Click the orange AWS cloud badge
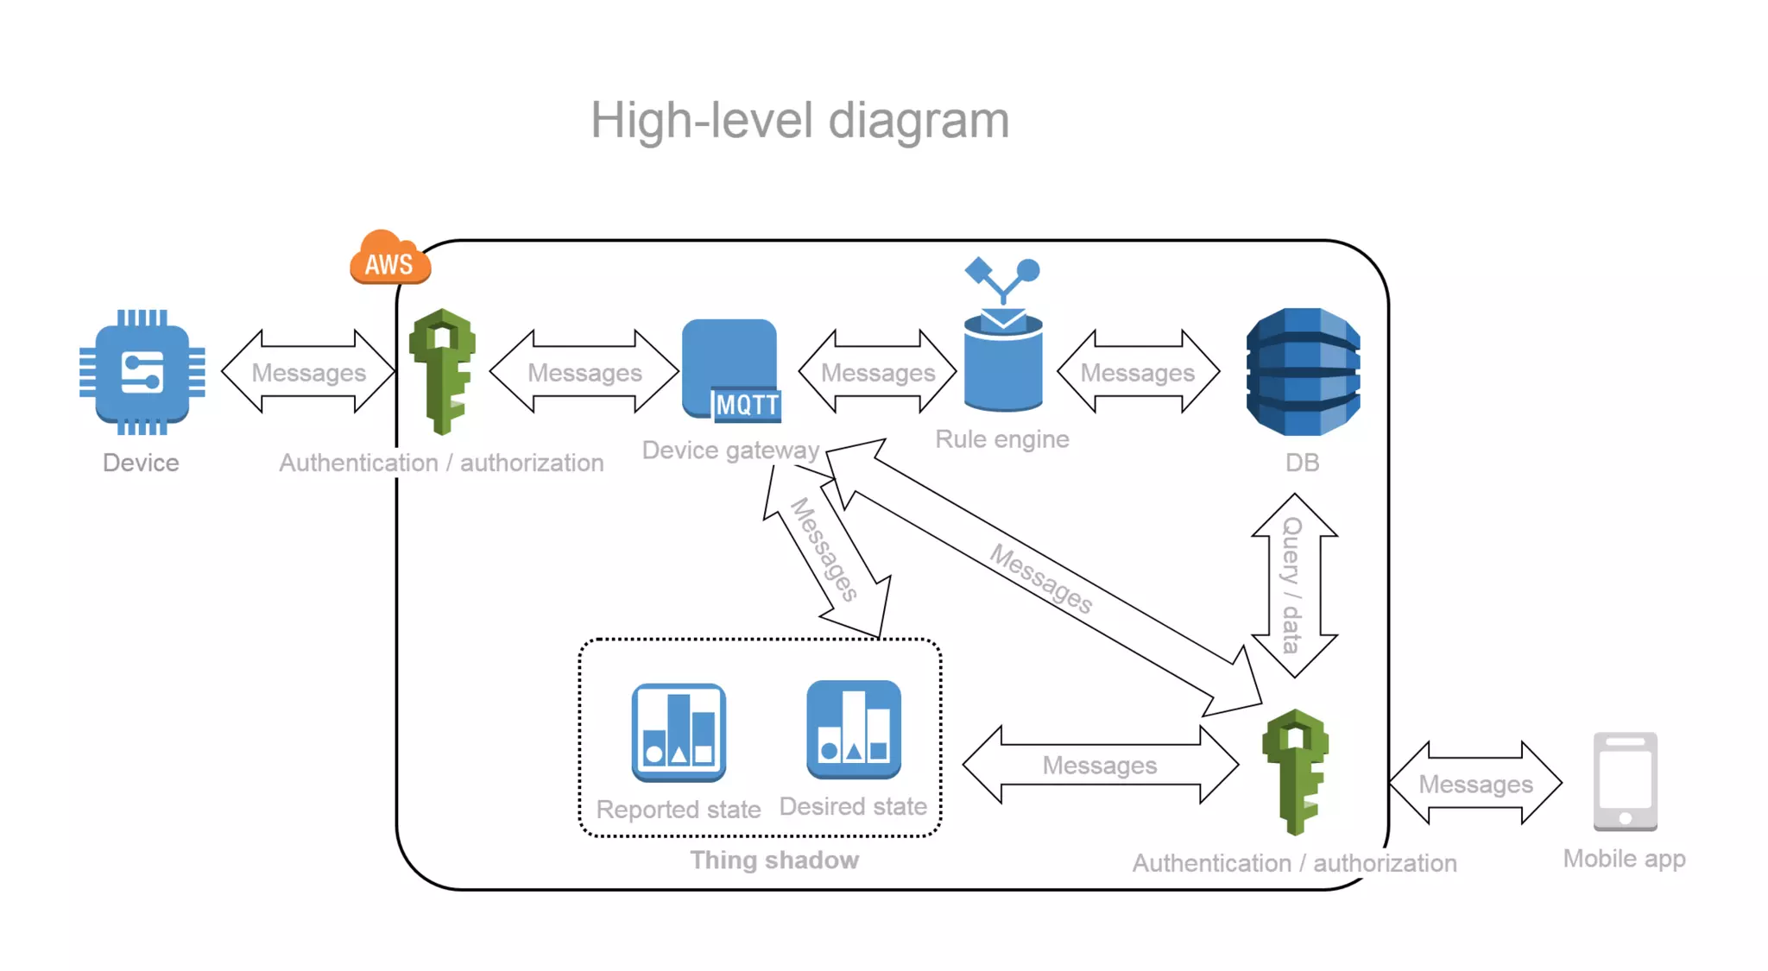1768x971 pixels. click(389, 260)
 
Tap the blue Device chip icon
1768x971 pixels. click(142, 372)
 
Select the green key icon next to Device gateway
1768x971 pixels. click(442, 371)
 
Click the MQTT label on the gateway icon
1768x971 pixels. click(747, 405)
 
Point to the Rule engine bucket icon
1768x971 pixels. click(1003, 358)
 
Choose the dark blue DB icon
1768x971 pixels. click(1303, 372)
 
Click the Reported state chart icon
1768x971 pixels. click(679, 733)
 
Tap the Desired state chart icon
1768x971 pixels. click(854, 729)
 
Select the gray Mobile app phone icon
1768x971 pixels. click(1625, 781)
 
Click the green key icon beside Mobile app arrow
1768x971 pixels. click(1295, 771)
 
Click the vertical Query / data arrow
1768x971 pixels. click(1293, 585)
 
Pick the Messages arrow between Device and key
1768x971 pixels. click(308, 372)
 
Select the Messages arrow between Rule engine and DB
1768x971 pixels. click(1138, 372)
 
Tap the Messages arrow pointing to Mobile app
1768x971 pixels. click(1475, 784)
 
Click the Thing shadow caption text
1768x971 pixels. click(774, 861)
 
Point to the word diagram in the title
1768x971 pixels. click(918, 121)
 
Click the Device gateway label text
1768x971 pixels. click(730, 451)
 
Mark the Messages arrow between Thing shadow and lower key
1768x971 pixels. click(1100, 765)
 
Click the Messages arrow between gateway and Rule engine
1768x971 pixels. click(878, 372)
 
